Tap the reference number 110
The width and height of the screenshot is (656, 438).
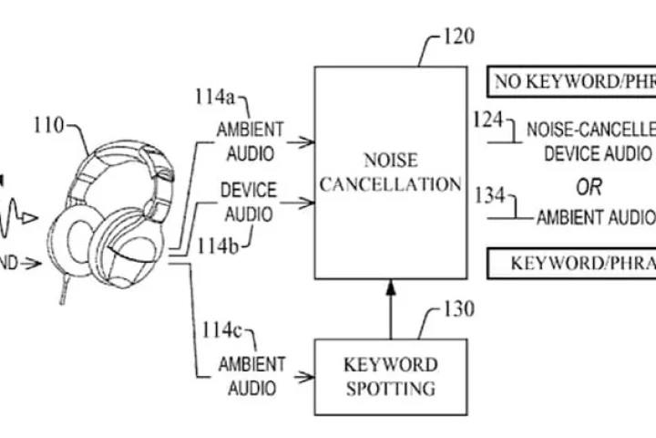click(x=49, y=125)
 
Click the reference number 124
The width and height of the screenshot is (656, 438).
click(x=489, y=119)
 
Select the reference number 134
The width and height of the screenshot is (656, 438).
click(x=492, y=193)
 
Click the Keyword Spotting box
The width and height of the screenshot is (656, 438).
click(x=389, y=376)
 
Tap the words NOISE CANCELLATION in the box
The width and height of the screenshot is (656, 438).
click(x=390, y=172)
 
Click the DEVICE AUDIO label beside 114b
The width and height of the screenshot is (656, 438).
click(x=248, y=203)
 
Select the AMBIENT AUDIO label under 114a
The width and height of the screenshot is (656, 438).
click(x=249, y=141)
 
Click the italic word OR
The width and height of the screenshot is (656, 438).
click(x=588, y=187)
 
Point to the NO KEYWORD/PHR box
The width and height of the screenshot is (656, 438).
click(x=570, y=82)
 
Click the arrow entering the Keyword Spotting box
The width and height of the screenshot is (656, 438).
click(x=301, y=375)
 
